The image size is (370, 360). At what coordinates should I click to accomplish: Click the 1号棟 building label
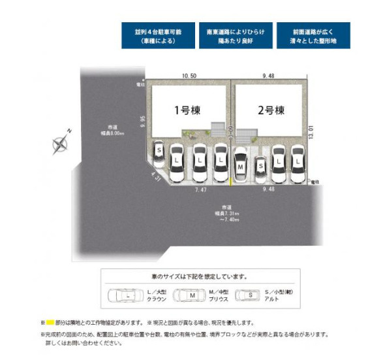point(184,110)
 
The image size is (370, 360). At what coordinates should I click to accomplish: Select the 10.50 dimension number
point(189,76)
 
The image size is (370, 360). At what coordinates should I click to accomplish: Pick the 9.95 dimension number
point(142,122)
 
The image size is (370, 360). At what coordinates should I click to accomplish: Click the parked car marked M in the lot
point(240,167)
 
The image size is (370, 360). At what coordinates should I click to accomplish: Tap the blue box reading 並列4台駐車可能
point(157,35)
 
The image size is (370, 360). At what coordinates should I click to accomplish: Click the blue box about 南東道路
point(234,35)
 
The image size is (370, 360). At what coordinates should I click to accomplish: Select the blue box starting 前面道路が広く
point(312,35)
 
